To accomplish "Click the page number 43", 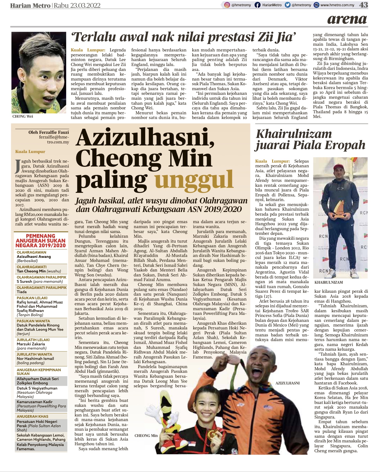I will (363, 5).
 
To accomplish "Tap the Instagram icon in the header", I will (227, 5).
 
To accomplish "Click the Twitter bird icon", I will (288, 5).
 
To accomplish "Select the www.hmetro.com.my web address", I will (337, 5).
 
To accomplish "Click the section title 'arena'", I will (347, 19).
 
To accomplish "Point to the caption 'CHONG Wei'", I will (23, 116).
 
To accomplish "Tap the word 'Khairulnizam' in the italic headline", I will (294, 134).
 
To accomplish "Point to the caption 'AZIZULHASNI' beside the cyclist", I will (287, 383).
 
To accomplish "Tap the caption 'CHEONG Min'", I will (146, 436).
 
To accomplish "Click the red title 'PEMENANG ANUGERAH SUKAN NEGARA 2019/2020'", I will (40, 241).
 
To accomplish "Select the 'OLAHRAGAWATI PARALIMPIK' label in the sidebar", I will (42, 288).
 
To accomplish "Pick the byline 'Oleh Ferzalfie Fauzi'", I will (49, 132).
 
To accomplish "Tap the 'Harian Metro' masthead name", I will (30, 5).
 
